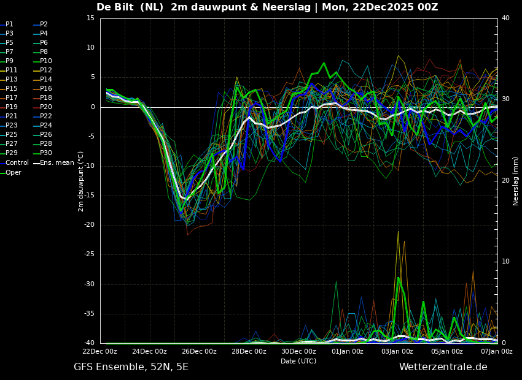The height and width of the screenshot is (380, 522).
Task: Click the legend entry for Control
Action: point(17,162)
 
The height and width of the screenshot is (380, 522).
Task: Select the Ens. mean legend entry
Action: point(57,162)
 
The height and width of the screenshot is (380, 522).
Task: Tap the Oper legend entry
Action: point(14,172)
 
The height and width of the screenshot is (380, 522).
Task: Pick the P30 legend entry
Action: point(46,153)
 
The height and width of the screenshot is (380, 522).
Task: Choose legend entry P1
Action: point(10,24)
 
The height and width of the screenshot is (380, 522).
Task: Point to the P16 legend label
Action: point(46,88)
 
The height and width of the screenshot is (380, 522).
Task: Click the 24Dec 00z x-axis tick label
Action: point(149,351)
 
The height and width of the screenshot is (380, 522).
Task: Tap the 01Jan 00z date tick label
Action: point(348,351)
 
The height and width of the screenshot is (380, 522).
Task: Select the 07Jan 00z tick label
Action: point(496,351)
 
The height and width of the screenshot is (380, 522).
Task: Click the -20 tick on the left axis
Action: point(89,225)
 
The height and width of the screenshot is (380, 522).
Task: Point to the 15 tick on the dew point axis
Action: point(90,18)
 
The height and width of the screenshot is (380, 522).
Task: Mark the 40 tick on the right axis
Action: point(505,18)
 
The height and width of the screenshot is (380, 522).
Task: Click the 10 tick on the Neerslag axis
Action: point(505,261)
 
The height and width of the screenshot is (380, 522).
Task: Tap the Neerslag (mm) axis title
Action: point(516,180)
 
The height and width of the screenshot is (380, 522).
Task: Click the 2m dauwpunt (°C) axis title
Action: point(80,181)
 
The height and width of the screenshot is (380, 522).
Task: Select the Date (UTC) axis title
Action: point(298,361)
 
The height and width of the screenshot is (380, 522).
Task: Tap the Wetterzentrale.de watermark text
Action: point(443,367)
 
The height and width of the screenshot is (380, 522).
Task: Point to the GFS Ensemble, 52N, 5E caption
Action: point(131,367)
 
